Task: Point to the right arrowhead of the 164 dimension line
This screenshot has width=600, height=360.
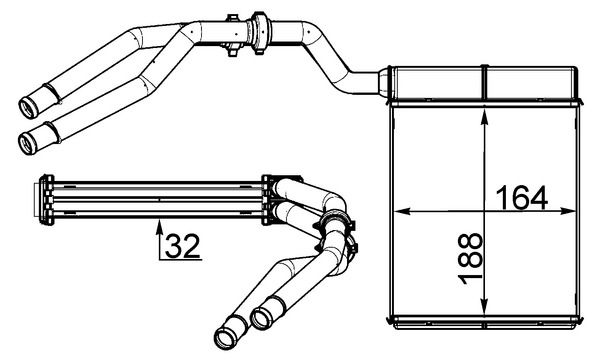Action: point(575,212)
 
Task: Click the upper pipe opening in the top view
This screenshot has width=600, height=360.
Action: point(31,103)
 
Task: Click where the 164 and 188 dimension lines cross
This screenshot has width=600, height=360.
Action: point(484,212)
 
